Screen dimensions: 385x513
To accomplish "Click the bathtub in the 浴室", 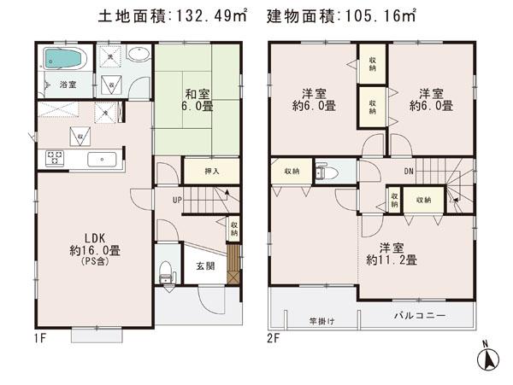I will pos(62,61).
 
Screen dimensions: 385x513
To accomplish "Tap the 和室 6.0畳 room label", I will pos(192,100).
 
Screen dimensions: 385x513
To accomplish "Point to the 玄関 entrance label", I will pos(204,265).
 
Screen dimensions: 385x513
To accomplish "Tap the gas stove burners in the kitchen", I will pos(55,158).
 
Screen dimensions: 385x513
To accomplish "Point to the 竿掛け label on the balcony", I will pos(322,321).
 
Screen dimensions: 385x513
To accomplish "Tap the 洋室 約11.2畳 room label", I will pos(392,253).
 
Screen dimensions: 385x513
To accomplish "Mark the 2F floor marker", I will pos(274,337).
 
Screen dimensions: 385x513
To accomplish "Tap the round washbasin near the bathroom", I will pos(139,55).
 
